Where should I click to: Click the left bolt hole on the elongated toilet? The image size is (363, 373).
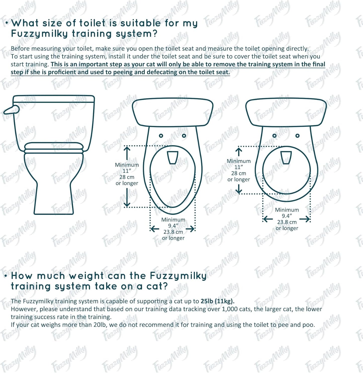point(161,136)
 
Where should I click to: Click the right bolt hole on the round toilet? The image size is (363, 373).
point(297,136)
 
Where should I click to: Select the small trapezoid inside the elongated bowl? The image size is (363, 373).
point(173,157)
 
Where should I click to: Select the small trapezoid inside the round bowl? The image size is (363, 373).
point(286,157)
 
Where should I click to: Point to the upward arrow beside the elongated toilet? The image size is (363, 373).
point(127,153)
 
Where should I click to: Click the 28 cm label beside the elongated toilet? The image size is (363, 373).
point(127,177)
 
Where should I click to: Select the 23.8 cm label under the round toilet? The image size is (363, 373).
point(287,222)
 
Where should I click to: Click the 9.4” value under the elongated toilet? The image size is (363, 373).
point(173,226)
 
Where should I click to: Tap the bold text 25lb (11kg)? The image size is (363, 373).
point(217,301)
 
